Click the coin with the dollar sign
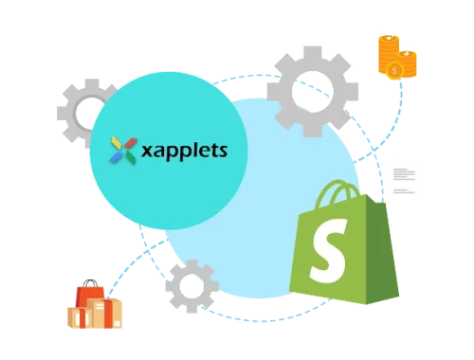point(407,65)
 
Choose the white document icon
point(405,177)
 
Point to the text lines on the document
point(404,174)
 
